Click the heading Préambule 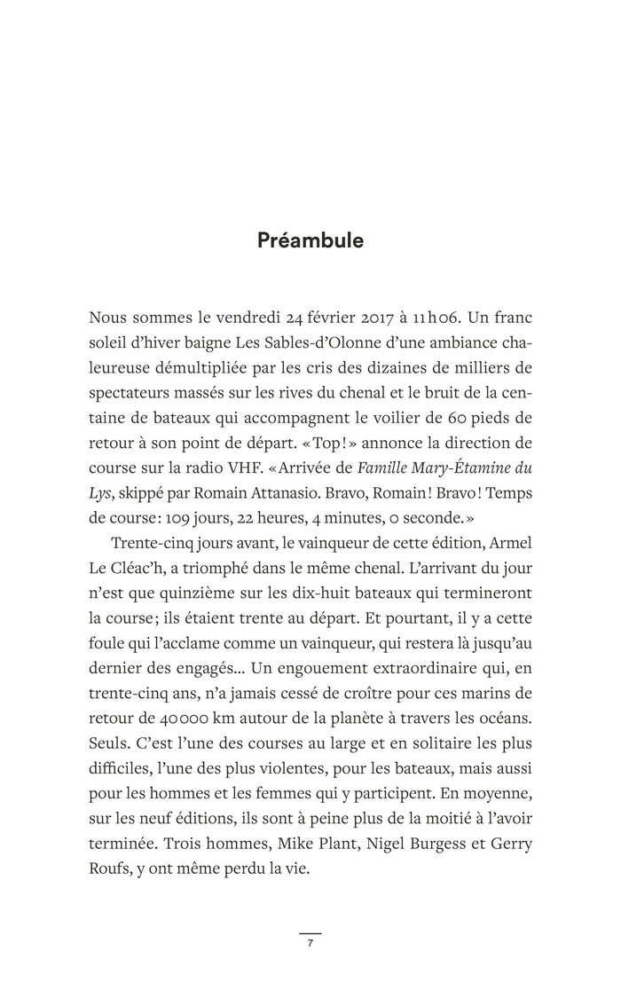pos(310,240)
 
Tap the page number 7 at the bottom pos(310,943)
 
